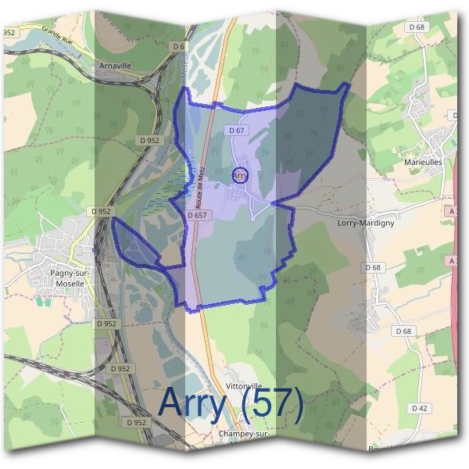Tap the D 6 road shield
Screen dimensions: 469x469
coord(179,47)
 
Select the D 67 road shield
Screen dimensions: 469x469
coord(237,131)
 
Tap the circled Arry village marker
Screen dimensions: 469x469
coord(240,176)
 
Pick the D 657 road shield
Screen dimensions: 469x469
coord(199,215)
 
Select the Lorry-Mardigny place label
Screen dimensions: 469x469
coord(365,222)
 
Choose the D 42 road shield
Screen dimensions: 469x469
coord(420,408)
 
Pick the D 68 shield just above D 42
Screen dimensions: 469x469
coord(403,331)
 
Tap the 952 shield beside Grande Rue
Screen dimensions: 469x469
coord(10,32)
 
